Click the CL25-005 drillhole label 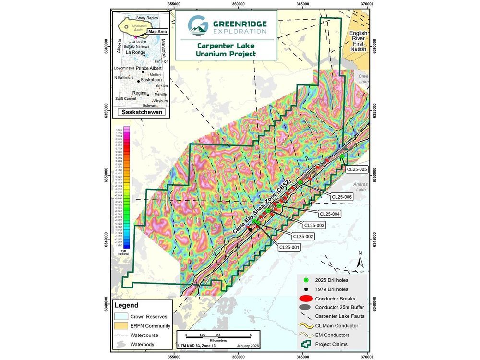point(356,169)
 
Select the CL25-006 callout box point(342,197)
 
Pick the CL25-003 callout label point(314,225)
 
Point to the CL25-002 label point(303,236)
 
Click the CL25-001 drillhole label point(289,247)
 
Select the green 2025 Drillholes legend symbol point(306,280)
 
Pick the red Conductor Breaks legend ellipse point(306,298)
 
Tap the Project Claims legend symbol point(306,344)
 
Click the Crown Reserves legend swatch point(122,316)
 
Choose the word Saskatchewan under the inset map point(138,112)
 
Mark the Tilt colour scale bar point(127,187)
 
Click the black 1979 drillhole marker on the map point(250,229)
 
